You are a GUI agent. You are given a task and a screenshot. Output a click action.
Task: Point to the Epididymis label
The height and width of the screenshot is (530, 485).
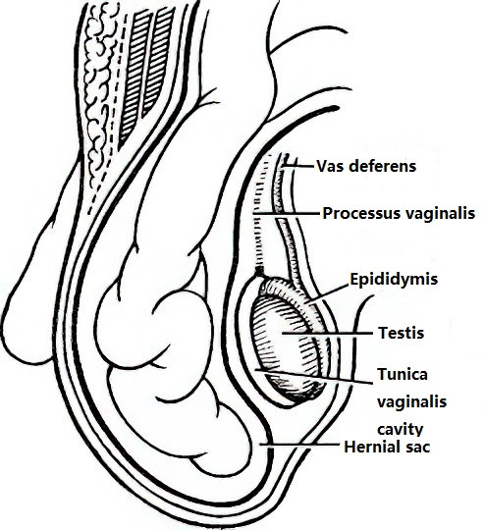(394, 280)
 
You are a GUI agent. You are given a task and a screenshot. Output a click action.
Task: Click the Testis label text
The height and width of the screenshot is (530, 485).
(402, 333)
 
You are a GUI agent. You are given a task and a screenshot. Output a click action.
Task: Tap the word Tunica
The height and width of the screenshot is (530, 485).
(403, 374)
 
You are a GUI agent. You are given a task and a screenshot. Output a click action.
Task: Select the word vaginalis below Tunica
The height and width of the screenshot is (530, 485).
(412, 402)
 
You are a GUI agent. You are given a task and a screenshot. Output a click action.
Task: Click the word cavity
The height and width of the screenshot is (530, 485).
(401, 430)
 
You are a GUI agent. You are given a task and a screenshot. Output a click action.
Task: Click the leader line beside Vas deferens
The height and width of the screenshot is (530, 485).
(298, 166)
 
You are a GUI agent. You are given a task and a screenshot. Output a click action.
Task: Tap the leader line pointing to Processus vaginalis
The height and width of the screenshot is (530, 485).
(286, 214)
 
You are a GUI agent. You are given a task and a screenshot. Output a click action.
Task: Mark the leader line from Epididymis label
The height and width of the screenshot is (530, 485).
(328, 292)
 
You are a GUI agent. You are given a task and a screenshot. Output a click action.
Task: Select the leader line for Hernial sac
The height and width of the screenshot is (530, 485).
(299, 445)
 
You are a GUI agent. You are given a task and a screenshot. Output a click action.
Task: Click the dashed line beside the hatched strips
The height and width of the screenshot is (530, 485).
(107, 115)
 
